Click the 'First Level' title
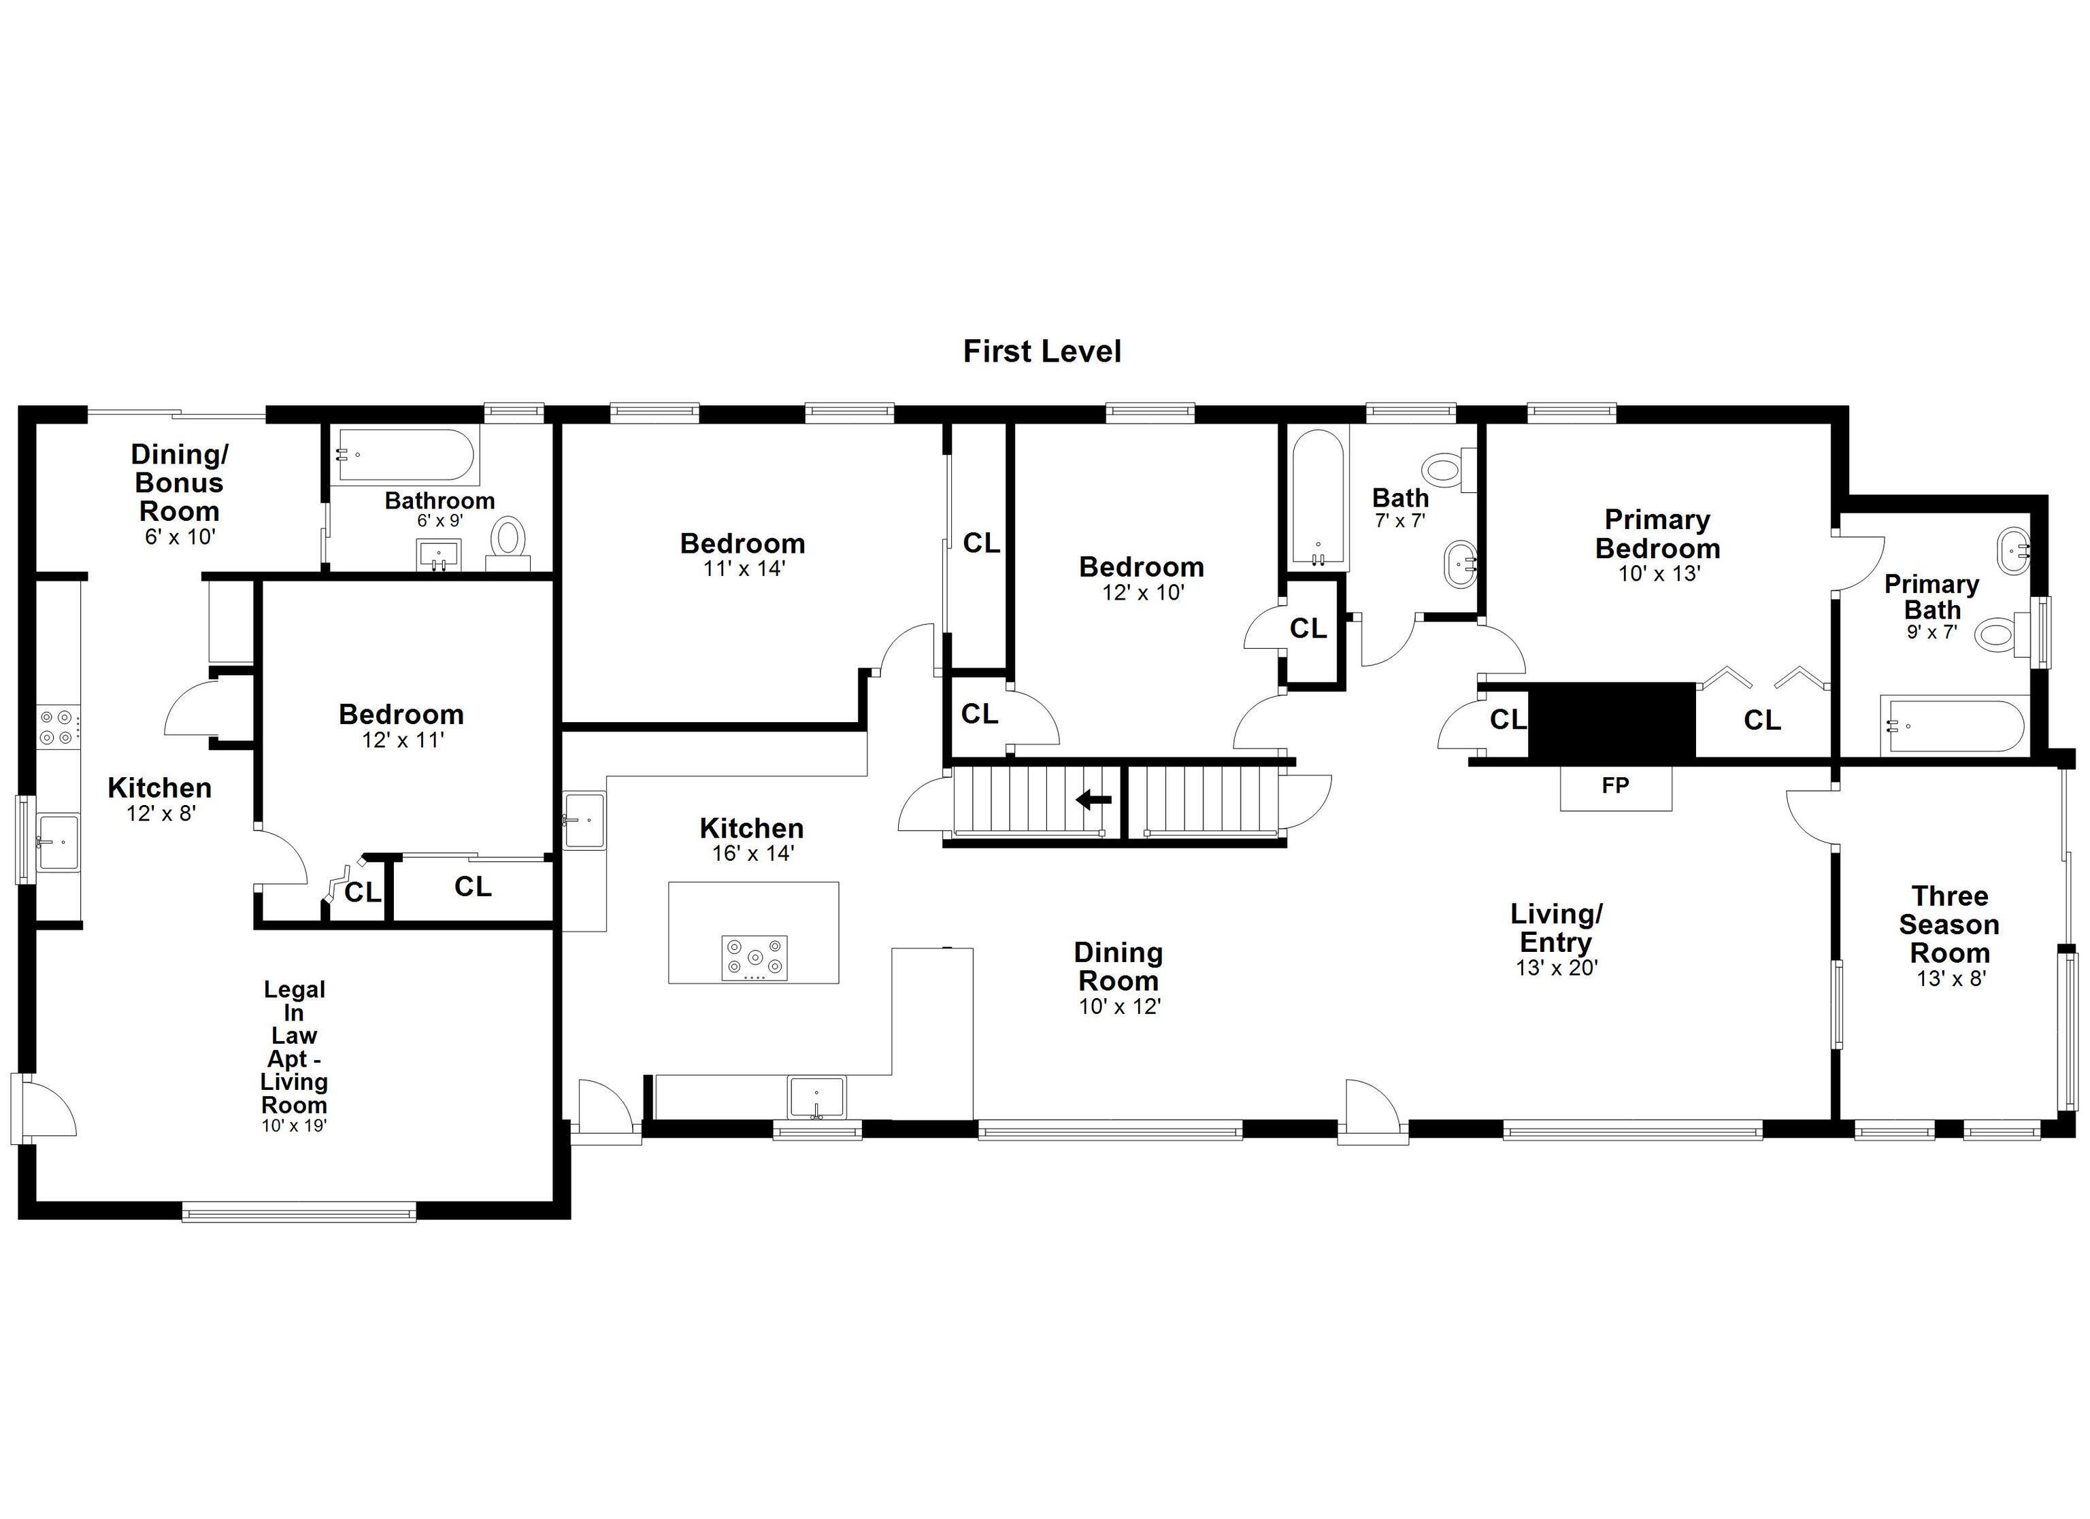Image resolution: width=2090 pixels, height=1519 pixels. tap(1042, 351)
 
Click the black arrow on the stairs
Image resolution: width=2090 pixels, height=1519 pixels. tap(1094, 800)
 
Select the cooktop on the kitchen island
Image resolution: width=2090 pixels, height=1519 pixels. tap(754, 958)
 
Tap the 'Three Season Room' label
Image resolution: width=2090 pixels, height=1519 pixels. tap(1949, 924)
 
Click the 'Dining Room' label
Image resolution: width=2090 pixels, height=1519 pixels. tap(1118, 966)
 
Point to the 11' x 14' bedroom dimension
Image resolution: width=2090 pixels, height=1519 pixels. tap(744, 569)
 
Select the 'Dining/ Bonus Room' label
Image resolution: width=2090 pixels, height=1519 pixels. tap(180, 482)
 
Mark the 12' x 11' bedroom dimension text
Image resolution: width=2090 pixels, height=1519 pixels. tap(403, 740)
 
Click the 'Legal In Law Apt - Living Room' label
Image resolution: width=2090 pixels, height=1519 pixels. tap(294, 1046)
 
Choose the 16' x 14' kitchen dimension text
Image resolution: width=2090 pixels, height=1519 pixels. tap(753, 854)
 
